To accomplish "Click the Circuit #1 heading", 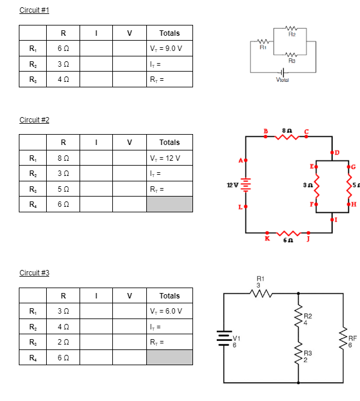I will (x=34, y=10).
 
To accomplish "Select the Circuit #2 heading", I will (x=34, y=120).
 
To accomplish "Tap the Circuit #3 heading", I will (x=34, y=273).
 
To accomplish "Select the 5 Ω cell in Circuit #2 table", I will (x=63, y=189).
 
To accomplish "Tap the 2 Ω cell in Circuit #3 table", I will (x=63, y=342).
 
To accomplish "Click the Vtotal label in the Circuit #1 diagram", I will (x=283, y=79).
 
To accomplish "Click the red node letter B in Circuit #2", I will (x=265, y=130).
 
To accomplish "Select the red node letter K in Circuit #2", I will (x=267, y=238).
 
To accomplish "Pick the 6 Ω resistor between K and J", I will (x=288, y=232).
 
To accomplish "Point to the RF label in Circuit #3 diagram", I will (x=353, y=338).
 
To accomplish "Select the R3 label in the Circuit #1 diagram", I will (x=292, y=61).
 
